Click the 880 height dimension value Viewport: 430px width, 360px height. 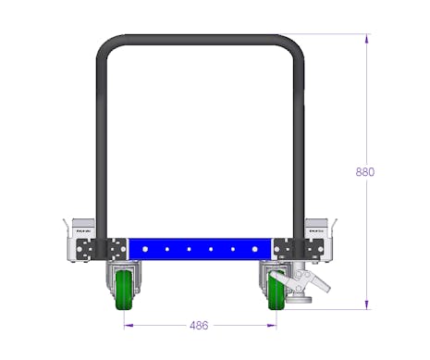coord(365,172)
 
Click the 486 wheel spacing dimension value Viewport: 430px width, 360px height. coord(199,325)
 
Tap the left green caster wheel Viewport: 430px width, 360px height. coord(124,291)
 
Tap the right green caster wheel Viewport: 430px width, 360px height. coord(276,291)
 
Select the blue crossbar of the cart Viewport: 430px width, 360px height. coord(200,249)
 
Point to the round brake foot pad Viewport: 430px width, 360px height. coord(299,299)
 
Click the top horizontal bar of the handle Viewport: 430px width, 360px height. coord(200,40)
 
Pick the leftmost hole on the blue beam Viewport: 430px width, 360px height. coord(145,249)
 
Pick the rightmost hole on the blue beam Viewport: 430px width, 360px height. coord(254,249)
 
